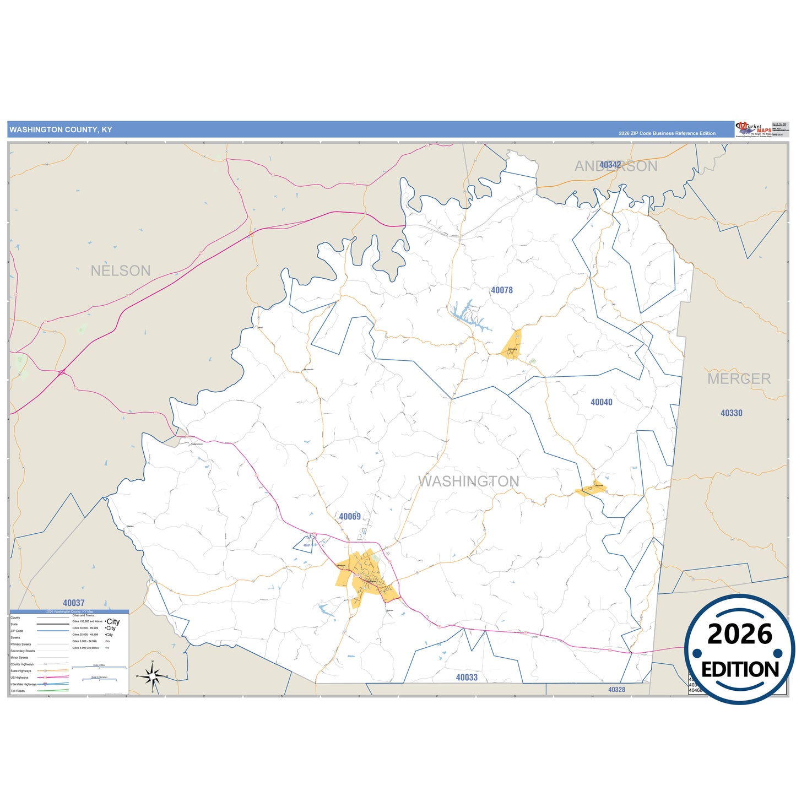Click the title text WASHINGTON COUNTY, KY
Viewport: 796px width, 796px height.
pyautogui.click(x=61, y=130)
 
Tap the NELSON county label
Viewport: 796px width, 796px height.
pyautogui.click(x=121, y=271)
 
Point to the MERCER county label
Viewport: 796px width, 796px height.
pyautogui.click(x=739, y=379)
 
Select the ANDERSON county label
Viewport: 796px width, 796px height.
pyautogui.click(x=616, y=166)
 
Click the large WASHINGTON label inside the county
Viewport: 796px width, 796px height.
pyautogui.click(x=468, y=481)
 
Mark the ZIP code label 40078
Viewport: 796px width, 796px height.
pyautogui.click(x=502, y=290)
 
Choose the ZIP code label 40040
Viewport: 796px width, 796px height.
pyautogui.click(x=602, y=402)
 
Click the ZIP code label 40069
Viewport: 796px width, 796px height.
pyautogui.click(x=350, y=517)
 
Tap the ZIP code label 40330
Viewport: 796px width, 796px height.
pyautogui.click(x=732, y=413)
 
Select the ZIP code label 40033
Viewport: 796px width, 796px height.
pyautogui.click(x=467, y=678)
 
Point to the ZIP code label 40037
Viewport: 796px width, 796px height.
pyautogui.click(x=74, y=603)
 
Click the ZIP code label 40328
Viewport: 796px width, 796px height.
pyautogui.click(x=616, y=690)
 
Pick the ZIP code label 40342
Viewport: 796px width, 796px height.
pyautogui.click(x=610, y=165)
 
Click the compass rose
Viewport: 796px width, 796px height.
pyautogui.click(x=153, y=675)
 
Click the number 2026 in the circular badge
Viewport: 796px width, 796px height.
pyautogui.click(x=739, y=635)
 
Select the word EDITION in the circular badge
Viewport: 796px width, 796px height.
pyautogui.click(x=740, y=669)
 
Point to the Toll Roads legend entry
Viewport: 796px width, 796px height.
pyautogui.click(x=18, y=691)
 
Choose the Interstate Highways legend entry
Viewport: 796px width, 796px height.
pyautogui.click(x=23, y=684)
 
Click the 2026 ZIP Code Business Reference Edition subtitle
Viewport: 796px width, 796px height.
pyautogui.click(x=667, y=133)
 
